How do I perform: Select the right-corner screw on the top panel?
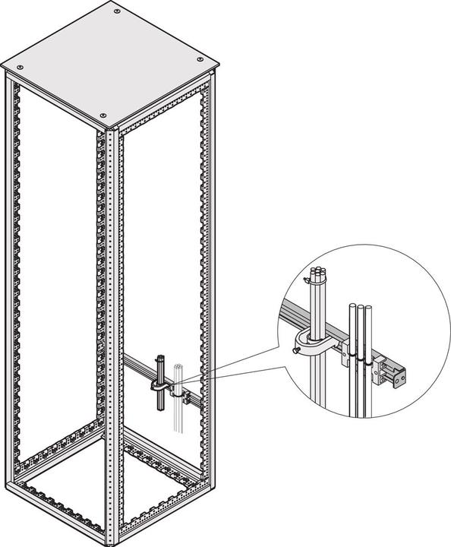click(x=200, y=59)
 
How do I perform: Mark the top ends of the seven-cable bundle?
click(x=316, y=273)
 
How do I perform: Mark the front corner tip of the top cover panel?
click(x=106, y=125)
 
